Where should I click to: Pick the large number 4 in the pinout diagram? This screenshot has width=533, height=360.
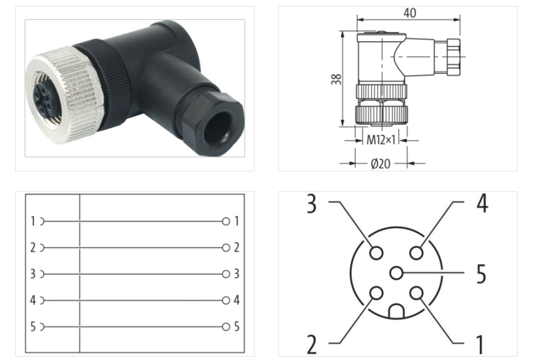pos(482,203)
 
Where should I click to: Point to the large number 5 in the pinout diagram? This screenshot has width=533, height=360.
pos(480,273)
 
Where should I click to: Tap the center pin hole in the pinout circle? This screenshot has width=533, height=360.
pos(397,273)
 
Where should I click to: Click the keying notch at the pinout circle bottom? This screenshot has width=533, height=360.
pos(396,311)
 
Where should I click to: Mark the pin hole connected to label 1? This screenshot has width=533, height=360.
pos(417,293)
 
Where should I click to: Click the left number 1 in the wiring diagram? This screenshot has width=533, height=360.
pos(32,221)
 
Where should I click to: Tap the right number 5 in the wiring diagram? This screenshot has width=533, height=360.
pos(237,327)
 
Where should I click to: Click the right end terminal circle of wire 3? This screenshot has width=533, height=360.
pos(227,274)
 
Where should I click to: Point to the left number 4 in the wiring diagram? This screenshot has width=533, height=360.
pos(32,300)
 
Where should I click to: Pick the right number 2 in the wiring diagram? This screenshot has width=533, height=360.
pos(237,247)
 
